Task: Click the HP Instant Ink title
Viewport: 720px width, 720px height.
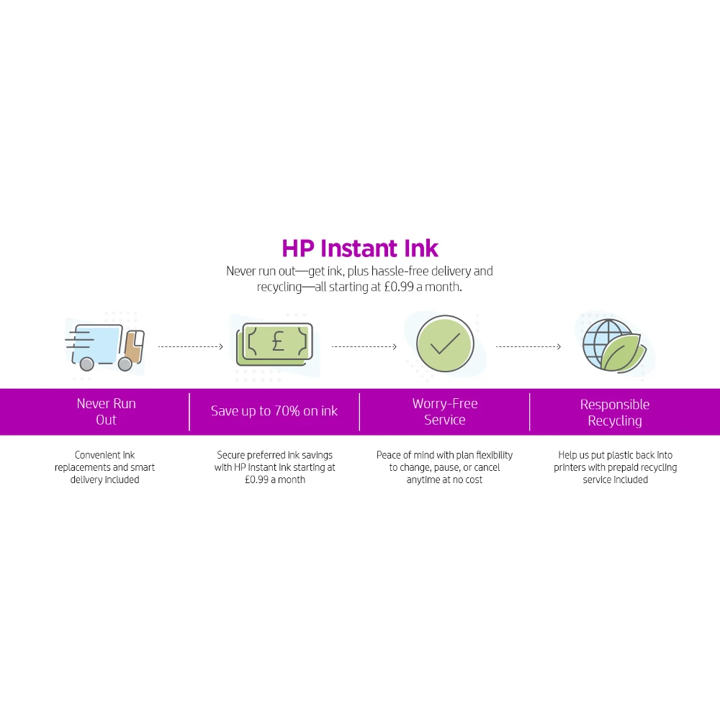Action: (x=360, y=248)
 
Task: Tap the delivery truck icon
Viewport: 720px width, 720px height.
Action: (x=105, y=347)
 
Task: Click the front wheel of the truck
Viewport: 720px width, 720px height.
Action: (x=125, y=364)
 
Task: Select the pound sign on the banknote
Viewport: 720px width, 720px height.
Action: (x=278, y=341)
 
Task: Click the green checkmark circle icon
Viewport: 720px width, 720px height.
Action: (x=445, y=343)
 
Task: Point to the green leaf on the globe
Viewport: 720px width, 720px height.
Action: (x=623, y=353)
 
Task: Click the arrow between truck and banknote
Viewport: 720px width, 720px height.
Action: (x=191, y=347)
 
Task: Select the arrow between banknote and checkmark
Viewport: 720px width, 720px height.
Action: (x=364, y=347)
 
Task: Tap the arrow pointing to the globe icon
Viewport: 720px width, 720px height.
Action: (x=528, y=347)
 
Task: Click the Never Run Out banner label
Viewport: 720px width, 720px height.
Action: (x=106, y=412)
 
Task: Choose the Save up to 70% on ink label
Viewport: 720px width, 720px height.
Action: (x=274, y=411)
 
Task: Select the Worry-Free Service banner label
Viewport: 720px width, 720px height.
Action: (x=445, y=412)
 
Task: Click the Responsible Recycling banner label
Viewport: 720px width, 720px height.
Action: (x=615, y=413)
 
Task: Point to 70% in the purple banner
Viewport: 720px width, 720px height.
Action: (x=287, y=411)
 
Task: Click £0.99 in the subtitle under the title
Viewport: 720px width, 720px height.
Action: (x=399, y=287)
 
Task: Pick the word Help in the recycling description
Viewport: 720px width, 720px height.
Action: (x=567, y=455)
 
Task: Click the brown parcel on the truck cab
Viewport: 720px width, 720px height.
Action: (x=134, y=348)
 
